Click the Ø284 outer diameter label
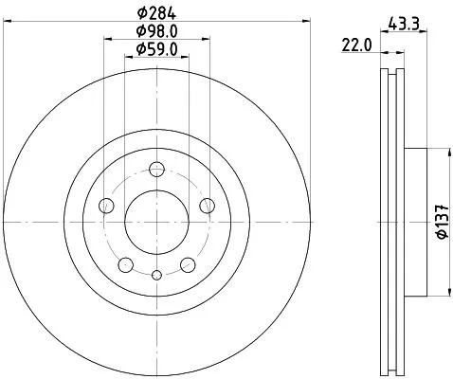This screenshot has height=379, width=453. click(x=156, y=13)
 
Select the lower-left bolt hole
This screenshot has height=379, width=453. click(x=126, y=264)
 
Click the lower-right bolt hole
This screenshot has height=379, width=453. click(x=189, y=264)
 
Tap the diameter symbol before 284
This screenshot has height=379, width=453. click(x=140, y=13)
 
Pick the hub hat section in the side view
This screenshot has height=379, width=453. click(x=415, y=221)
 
